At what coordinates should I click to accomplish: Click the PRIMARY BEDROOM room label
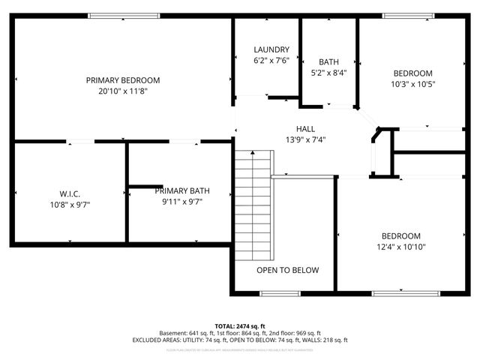click(123, 80)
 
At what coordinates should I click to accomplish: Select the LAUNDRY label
click(271, 49)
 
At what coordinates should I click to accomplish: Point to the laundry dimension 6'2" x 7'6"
click(271, 61)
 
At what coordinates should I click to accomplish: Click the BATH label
click(328, 62)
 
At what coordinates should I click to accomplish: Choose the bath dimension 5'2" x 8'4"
click(328, 73)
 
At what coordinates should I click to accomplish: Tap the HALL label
click(305, 128)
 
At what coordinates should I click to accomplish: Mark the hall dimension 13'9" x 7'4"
click(305, 139)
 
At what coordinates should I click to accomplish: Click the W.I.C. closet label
click(70, 193)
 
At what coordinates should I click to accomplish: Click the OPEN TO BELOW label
click(288, 271)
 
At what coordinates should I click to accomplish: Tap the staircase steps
click(253, 202)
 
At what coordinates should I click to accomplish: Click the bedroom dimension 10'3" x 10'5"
click(413, 84)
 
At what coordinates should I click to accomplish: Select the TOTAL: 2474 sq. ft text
click(240, 325)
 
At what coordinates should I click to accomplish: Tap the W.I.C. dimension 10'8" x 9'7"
click(70, 203)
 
